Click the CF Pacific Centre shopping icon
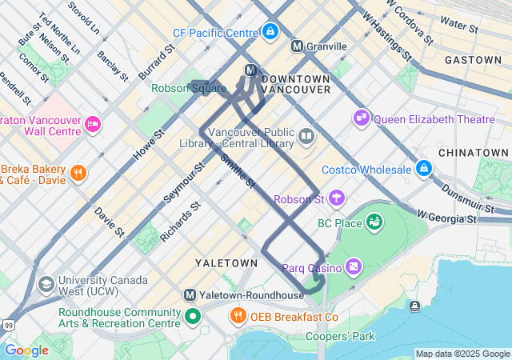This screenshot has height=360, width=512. point(270,33)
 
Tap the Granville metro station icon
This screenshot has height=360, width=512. point(297,46)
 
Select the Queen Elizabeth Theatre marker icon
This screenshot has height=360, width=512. point(362,119)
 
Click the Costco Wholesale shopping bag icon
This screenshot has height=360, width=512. point(423,170)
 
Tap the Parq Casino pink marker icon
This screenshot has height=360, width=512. point(354,266)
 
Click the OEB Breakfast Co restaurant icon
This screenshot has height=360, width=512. point(238,317)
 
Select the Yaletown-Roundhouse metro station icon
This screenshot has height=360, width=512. point(190,294)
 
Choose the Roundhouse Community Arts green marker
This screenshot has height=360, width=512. point(192,317)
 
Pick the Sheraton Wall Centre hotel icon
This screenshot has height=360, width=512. point(93,124)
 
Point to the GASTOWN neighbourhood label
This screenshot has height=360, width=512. point(473,60)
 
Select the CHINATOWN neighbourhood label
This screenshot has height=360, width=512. point(473,152)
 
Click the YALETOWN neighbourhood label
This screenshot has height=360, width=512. point(226,262)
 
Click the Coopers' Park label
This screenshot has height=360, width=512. point(340,337)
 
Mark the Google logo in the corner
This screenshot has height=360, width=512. point(26,350)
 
